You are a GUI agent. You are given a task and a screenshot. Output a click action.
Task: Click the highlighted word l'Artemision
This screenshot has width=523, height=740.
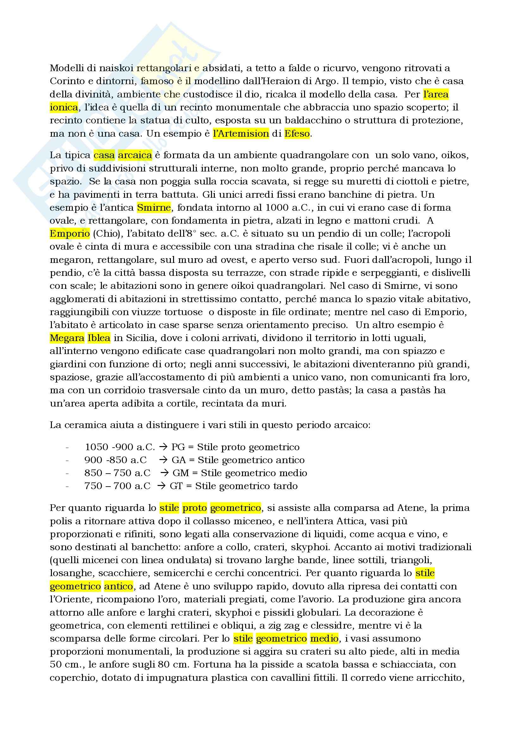point(241,134)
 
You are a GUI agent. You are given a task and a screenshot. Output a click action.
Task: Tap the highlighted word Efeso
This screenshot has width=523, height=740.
point(297,134)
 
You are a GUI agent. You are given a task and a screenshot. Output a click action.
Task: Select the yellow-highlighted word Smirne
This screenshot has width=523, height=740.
point(154,208)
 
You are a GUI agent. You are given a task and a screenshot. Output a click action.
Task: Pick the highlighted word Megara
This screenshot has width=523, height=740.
point(67,338)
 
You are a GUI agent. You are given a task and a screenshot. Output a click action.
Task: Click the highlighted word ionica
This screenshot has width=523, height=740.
point(64,107)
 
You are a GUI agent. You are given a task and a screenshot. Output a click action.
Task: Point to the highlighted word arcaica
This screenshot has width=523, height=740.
point(135,155)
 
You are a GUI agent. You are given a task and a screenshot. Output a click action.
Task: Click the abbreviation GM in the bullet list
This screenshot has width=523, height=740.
point(180,473)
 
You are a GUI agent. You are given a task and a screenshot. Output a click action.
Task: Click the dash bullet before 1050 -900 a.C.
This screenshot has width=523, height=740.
point(67,447)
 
